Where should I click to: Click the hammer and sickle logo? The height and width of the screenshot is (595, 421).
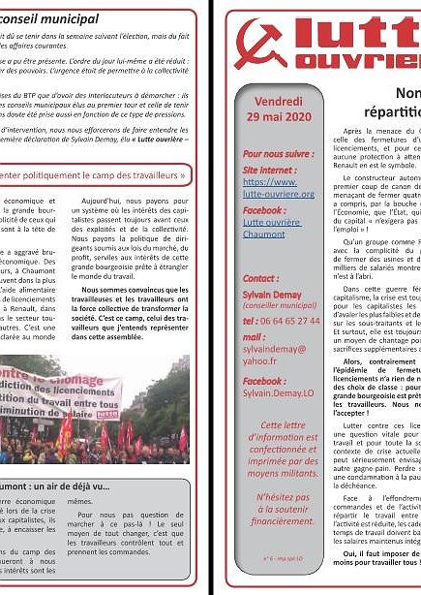coord(263,44)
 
